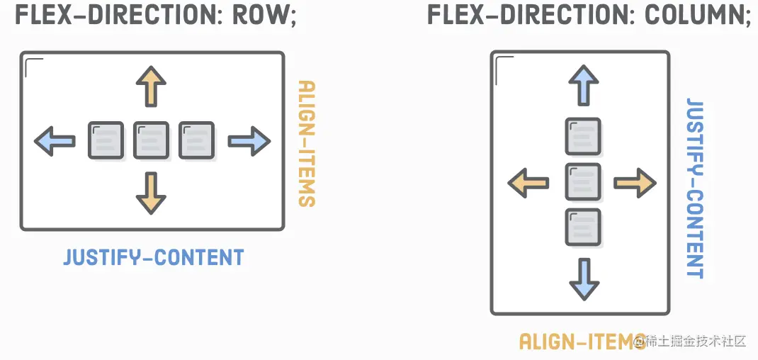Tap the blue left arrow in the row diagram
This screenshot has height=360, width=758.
pos(55,141)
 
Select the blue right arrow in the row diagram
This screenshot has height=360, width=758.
pos(249,141)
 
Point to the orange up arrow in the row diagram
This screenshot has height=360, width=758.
pos(151,86)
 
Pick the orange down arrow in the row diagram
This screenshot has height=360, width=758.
pos(151,193)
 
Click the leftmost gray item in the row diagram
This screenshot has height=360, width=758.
pos(106,140)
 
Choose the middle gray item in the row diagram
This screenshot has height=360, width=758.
pos(151,140)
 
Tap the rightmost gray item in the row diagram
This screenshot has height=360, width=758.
pos(196,140)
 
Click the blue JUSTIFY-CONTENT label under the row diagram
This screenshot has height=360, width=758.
pos(154,257)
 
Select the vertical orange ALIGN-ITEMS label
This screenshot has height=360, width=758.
pos(306,143)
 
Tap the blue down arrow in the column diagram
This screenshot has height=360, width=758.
pos(583,279)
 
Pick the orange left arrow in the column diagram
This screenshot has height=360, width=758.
pos(528,184)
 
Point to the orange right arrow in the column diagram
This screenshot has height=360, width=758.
pos(635,184)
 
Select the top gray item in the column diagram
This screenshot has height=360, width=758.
pos(583,136)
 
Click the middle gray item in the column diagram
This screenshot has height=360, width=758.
pos(583,182)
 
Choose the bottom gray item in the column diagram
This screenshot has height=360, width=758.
pos(583,227)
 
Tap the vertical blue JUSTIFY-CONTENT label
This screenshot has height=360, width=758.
pos(696,188)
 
